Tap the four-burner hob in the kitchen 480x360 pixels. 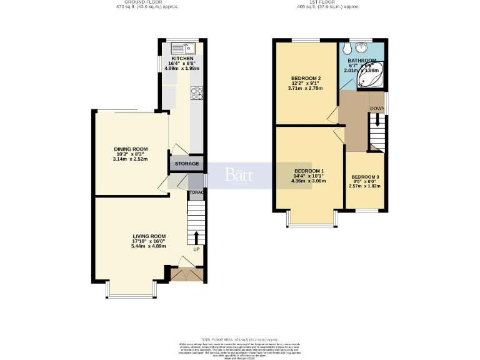pos(197,93)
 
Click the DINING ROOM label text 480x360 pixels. pos(130,149)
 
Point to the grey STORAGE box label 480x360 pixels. pos(187,164)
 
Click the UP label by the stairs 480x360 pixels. pos(196,250)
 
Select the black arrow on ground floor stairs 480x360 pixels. pos(196,237)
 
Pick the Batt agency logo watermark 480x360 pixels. pos(239,175)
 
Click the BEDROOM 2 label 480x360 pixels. pos(306,78)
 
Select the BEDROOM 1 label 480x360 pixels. pos(309,171)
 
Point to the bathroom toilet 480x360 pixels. pos(347,49)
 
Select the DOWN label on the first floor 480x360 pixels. pos(377,109)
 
